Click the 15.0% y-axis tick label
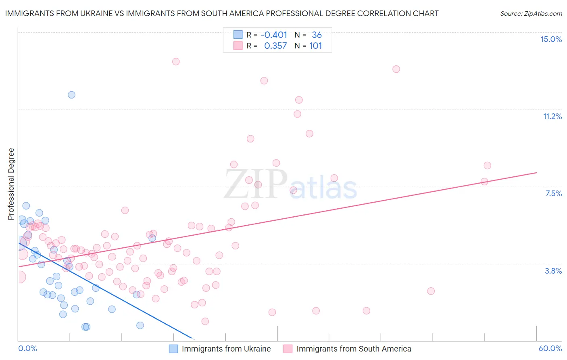click(x=551, y=39)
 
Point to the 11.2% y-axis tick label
click(x=552, y=116)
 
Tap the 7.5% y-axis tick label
click(x=553, y=193)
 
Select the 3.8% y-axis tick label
click(x=553, y=271)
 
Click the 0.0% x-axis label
click(x=27, y=348)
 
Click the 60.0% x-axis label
click(x=550, y=348)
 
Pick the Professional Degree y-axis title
click(x=11, y=184)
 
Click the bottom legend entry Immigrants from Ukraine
click(x=226, y=349)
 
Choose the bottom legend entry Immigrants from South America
click(x=353, y=349)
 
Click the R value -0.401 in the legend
click(x=274, y=35)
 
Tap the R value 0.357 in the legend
click(x=275, y=46)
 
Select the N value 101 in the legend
click(x=315, y=46)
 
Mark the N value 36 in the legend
click(x=317, y=35)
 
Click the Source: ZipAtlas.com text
click(x=531, y=14)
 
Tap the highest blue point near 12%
click(x=71, y=95)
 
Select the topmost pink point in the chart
click(x=176, y=62)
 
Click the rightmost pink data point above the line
click(x=487, y=165)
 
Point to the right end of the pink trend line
click(x=536, y=173)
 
